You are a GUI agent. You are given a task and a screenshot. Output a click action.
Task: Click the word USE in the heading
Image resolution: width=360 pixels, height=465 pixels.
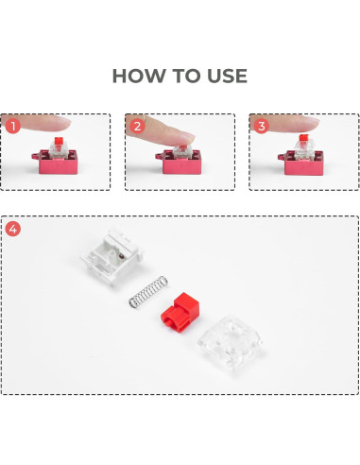tap(224, 76)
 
